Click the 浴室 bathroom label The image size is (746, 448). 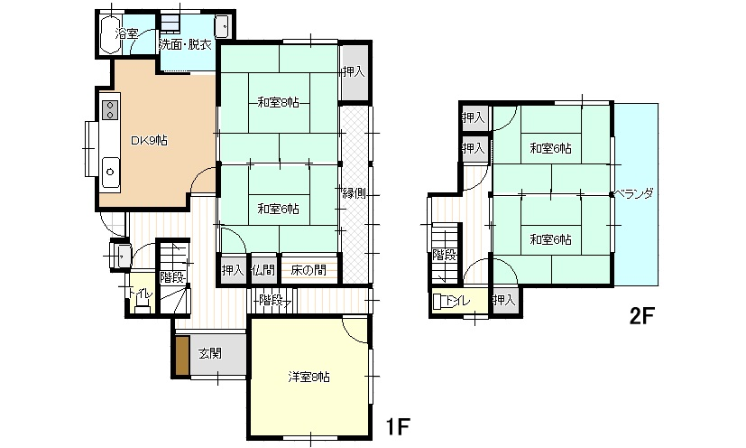click(126, 33)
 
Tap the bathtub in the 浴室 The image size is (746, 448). click(111, 34)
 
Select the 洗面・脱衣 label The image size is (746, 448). click(185, 45)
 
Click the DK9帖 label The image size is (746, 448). click(149, 141)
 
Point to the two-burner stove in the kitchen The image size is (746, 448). click(110, 109)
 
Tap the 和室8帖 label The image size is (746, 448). click(279, 102)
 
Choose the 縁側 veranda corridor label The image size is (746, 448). click(355, 193)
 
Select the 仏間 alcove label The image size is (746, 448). click(263, 271)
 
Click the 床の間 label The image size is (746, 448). click(309, 271)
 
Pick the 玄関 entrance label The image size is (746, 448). click(210, 354)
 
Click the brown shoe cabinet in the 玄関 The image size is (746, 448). click(182, 356)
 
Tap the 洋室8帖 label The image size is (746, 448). click(309, 377)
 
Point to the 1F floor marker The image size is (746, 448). click(397, 426)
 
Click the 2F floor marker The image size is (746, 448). click(642, 315)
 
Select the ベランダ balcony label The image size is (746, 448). click(634, 194)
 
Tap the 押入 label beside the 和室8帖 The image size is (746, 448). click(354, 71)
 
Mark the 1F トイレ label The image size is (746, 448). click(141, 294)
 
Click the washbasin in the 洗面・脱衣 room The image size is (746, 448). click(223, 26)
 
